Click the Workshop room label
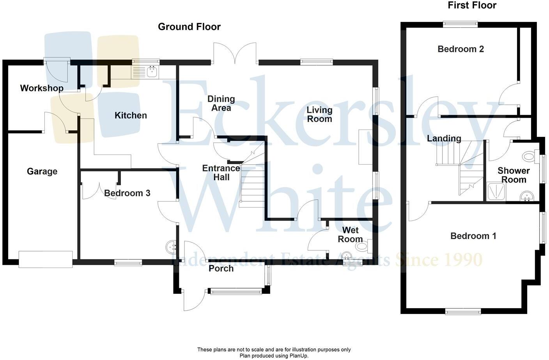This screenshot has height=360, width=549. [x=42, y=88]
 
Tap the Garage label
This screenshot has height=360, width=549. [x=42, y=171]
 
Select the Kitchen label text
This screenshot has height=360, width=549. [x=131, y=115]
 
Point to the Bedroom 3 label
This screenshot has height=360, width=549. [x=127, y=193]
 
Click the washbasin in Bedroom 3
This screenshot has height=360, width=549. [x=171, y=247]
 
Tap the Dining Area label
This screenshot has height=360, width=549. [x=221, y=103]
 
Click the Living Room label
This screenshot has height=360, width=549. [x=319, y=114]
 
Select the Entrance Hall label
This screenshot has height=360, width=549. [x=221, y=173]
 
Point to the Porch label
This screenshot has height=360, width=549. [x=221, y=268]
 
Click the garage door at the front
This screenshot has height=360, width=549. [x=46, y=259]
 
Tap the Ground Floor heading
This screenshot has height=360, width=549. [x=189, y=27]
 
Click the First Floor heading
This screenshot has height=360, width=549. [x=472, y=5]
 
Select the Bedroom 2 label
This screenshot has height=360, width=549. [x=460, y=49]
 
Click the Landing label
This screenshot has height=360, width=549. [x=444, y=138]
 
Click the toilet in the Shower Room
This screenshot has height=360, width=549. [x=529, y=157]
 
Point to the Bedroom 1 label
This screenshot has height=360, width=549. [x=473, y=236]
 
